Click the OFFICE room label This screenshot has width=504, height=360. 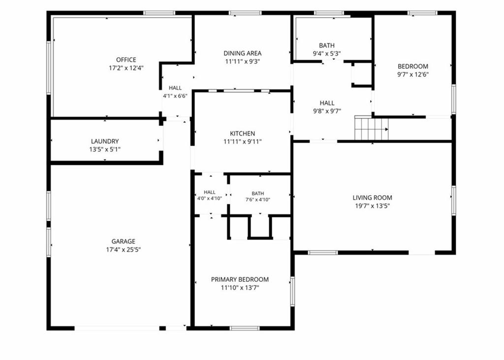click(126, 60)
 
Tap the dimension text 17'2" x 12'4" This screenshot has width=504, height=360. click(126, 68)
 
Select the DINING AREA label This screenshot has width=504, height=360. click(242, 53)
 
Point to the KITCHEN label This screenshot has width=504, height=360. click(242, 134)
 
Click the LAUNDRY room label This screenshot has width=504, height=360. click(105, 141)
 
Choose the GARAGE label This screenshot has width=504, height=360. click(124, 241)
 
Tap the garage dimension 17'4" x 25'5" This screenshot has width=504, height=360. click(124, 250)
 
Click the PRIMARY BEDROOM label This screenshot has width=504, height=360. click(240, 279)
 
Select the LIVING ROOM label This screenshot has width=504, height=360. click(372, 198)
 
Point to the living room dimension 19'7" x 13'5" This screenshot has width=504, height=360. click(372, 206)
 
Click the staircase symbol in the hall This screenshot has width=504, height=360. click(371, 128)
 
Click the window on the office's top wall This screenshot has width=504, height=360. click(159, 13)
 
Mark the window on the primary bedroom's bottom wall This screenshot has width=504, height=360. click(245, 328)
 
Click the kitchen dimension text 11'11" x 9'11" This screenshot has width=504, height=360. click(242, 142)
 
